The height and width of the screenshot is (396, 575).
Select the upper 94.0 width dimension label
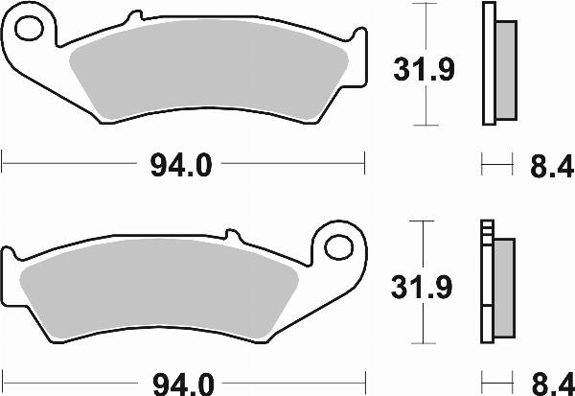point(179,166)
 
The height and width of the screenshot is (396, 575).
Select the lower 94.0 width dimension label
point(179,384)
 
